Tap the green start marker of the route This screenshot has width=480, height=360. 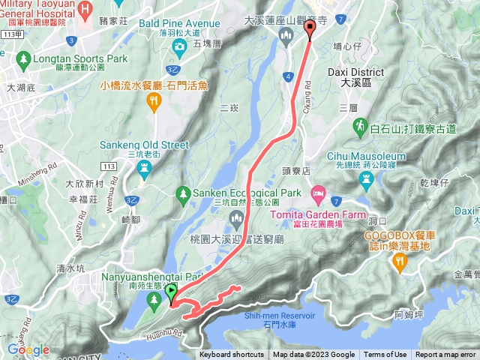tap(171, 292)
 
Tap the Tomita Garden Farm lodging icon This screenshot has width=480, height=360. tap(318, 194)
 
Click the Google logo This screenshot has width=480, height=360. tap(28, 349)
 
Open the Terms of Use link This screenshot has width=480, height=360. tap(385, 355)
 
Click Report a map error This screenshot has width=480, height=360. tap(445, 355)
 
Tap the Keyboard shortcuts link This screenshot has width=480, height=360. tap(232, 355)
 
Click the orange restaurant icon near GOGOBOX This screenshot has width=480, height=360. tap(399, 260)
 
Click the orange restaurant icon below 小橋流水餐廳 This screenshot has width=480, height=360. tap(155, 104)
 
